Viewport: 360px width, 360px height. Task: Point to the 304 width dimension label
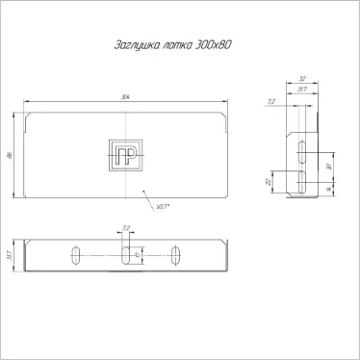[127, 97]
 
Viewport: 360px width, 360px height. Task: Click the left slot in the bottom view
[74, 255]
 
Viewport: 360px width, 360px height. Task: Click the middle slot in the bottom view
[125, 255]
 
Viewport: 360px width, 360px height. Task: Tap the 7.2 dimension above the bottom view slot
[125, 229]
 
